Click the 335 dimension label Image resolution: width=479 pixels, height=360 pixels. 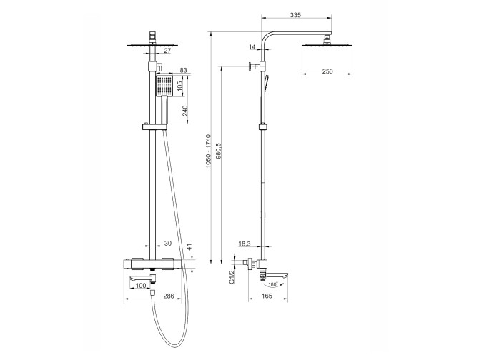(296, 14)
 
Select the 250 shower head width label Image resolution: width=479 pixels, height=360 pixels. (327, 71)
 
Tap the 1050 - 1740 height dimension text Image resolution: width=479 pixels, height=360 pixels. (208, 151)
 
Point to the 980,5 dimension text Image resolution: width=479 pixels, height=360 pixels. (219, 151)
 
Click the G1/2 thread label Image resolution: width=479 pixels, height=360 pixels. (232, 276)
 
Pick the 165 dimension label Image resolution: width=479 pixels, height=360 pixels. (267, 295)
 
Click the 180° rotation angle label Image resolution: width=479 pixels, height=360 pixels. (272, 284)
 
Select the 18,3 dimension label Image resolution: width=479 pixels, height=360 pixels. (245, 244)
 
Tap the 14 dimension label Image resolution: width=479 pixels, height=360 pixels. (252, 47)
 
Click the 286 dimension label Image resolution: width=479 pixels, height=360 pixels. (169, 296)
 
